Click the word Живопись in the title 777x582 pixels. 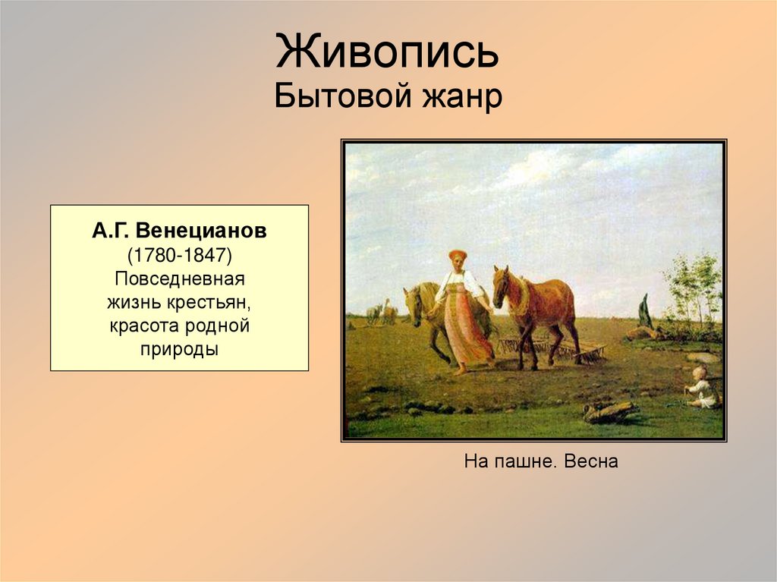point(387,52)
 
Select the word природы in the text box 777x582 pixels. point(179,350)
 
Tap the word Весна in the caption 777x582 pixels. point(591,461)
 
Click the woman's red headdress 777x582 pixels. point(457,255)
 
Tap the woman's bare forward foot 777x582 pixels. point(458,370)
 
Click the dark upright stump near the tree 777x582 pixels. point(645,312)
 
